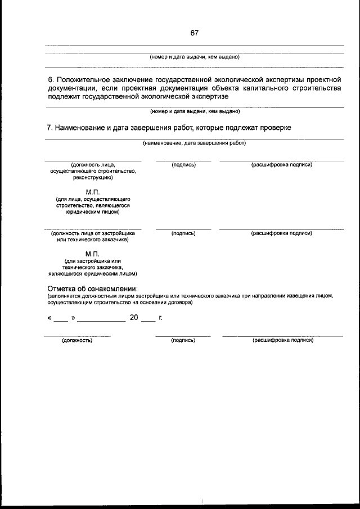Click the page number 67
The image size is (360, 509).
[x=194, y=33]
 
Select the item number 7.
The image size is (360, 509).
[x=48, y=128]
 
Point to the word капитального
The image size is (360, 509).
[x=266, y=88]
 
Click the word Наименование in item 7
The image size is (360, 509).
[x=81, y=128]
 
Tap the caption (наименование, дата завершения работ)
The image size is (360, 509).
[x=194, y=143]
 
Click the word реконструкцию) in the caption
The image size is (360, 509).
[x=93, y=177]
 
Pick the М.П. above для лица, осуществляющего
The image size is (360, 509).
[x=93, y=192]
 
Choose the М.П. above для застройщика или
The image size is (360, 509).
[x=93, y=254]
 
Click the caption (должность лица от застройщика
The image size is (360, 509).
[x=93, y=233]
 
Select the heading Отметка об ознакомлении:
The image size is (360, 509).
[x=92, y=289]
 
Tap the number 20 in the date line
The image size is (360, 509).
[x=134, y=317]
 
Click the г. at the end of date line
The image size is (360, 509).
[x=160, y=318]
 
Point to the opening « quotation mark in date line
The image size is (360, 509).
[x=50, y=318]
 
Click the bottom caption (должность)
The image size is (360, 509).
[x=77, y=340]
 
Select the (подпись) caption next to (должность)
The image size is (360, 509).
[x=183, y=340]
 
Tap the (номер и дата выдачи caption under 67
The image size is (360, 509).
[x=194, y=57]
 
